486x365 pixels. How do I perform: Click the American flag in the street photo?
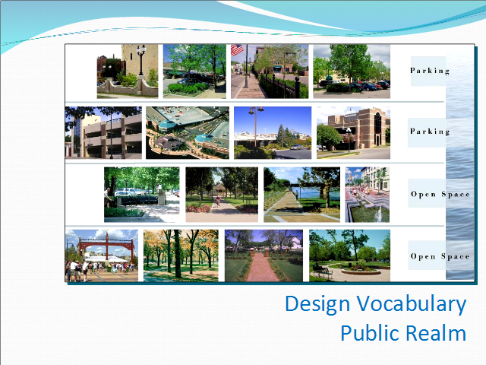click(237, 49)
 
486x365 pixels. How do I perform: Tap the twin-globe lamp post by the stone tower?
click(141, 59)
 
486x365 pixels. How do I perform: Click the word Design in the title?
click(317, 304)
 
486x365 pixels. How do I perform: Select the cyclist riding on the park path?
click(218, 200)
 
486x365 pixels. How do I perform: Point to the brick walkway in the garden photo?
click(262, 268)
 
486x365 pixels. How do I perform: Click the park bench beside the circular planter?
click(322, 272)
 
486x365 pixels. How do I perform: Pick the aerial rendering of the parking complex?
click(188, 133)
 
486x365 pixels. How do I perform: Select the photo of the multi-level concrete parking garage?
click(103, 133)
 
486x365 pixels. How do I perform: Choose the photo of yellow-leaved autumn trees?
click(181, 255)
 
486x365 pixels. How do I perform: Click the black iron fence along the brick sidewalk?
click(280, 84)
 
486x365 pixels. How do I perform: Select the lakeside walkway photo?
click(302, 195)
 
